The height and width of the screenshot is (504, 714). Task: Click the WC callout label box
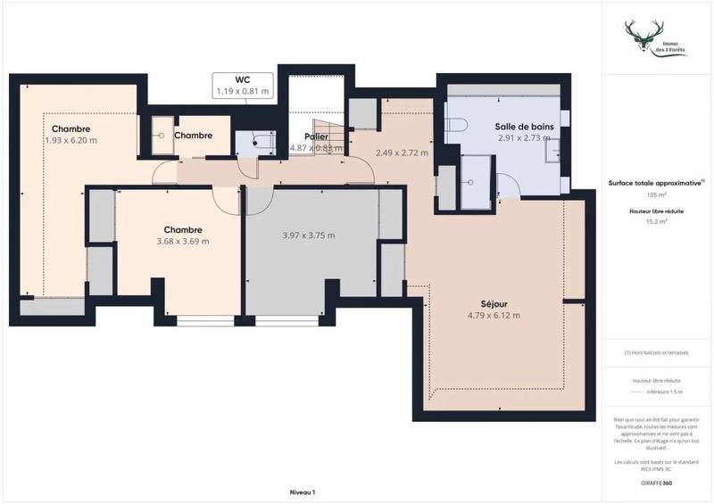pos(243,85)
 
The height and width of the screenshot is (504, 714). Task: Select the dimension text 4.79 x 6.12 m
pos(494,315)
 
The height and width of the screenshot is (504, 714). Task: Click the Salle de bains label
pos(525,127)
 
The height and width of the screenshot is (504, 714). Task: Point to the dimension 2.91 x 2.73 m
pos(525,138)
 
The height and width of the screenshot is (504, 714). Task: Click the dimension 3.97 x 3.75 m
pos(308,235)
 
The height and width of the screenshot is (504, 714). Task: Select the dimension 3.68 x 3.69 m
pos(182,241)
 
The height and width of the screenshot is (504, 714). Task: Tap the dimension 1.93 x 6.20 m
pos(71,140)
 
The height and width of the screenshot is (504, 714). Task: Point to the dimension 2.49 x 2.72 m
pos(401,153)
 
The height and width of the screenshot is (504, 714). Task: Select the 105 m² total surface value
pos(656,194)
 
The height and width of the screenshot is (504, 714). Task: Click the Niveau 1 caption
pos(303,492)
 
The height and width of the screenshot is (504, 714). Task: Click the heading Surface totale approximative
pos(655,183)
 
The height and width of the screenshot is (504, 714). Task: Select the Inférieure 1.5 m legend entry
pos(664,391)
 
